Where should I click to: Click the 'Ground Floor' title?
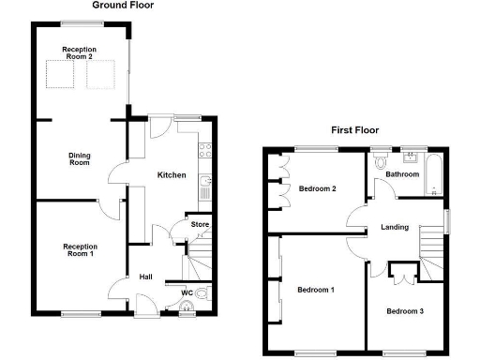pos(123,6)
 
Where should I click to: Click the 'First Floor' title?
pos(355,130)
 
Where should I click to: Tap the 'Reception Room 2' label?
pos(78,53)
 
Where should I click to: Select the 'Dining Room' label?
pos(78,158)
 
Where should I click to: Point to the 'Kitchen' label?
pos(171,175)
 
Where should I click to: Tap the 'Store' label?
pos(199,224)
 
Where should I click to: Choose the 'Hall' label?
pos(146,277)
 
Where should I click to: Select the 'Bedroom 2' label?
pos(317,189)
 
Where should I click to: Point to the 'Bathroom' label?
pos(402,174)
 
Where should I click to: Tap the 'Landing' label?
pos(394,227)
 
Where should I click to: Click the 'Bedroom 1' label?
pos(316,290)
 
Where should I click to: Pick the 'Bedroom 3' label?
pos(405,310)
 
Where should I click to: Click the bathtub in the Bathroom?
pos(434,175)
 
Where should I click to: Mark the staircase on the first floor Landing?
pos(431,251)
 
